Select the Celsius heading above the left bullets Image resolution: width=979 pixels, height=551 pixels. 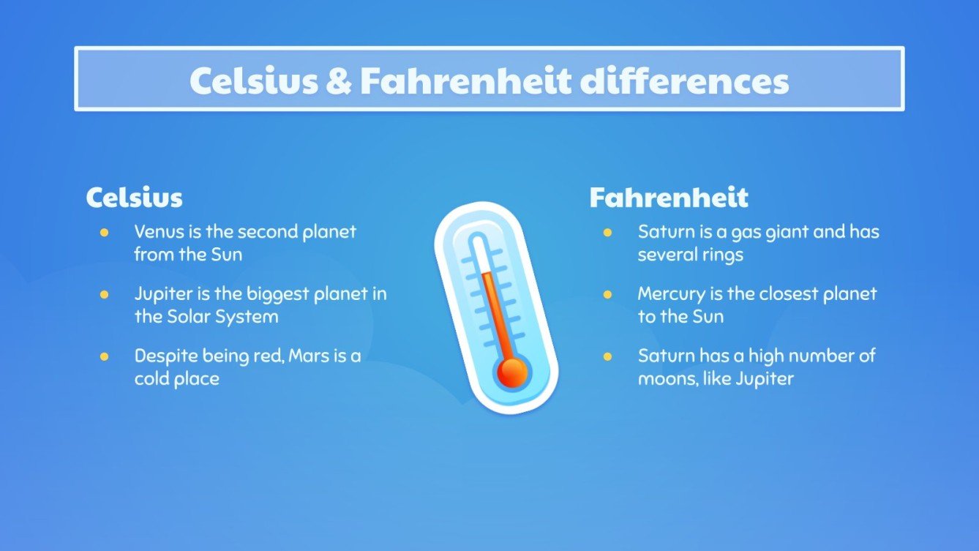134,198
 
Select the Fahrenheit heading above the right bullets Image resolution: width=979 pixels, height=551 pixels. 669,198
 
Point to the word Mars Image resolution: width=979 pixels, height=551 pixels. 308,356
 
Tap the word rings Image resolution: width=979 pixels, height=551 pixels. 722,255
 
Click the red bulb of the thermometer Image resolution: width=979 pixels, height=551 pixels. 511,372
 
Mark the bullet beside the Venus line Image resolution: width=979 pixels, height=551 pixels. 104,233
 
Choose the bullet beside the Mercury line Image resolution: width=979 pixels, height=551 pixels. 607,295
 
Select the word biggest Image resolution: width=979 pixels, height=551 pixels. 277,294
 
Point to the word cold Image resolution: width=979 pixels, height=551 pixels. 150,379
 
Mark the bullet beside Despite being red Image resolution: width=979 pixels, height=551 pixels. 104,356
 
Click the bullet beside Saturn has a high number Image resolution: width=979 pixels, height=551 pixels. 607,356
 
